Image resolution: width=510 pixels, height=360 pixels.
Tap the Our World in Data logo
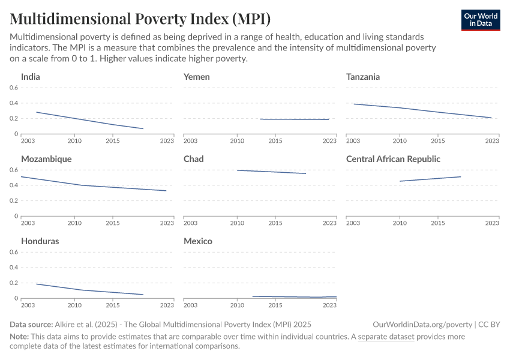pos(480,20)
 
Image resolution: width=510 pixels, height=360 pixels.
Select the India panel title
pos(31,77)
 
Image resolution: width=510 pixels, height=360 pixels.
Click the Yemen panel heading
pos(197,77)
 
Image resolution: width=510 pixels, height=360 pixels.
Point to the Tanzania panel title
pos(363,77)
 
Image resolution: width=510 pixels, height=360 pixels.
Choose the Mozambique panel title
pos(46,159)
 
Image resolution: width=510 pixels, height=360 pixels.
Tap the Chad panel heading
pos(194,159)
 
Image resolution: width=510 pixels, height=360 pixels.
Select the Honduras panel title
pos(40,241)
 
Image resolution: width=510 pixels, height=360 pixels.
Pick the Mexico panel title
pos(198,241)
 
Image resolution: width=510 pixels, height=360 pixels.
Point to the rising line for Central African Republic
pos(430,179)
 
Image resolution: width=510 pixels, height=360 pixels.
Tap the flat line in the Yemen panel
pos(294,119)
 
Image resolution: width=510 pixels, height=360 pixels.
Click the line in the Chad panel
pos(271,172)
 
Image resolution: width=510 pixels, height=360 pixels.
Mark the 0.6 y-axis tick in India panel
pos(14,88)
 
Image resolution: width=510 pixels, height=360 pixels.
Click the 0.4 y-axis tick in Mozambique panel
pos(14,185)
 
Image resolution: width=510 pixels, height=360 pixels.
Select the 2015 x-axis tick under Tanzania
pos(438,140)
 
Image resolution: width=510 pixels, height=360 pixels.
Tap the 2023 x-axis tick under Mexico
pos(329,305)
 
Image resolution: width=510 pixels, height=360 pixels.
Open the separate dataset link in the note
pos(386,337)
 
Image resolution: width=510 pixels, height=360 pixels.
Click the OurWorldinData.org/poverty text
pos(422,325)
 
